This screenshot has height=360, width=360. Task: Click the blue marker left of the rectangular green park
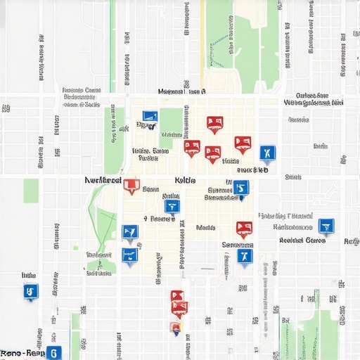(150, 117)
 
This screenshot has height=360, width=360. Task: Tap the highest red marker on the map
(214, 124)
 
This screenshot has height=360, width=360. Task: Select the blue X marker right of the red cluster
(267, 153)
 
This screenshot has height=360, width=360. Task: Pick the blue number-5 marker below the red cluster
(241, 188)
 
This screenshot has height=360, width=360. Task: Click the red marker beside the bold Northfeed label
(131, 186)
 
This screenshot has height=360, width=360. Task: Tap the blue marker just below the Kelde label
(172, 207)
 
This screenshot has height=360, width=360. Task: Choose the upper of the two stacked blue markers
(130, 232)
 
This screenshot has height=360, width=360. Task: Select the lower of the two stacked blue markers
(129, 255)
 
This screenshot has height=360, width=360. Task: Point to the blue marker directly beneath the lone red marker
(244, 257)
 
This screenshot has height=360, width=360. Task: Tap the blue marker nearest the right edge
(326, 226)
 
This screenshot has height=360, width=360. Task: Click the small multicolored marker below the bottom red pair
(176, 327)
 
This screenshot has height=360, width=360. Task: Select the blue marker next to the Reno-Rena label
(53, 352)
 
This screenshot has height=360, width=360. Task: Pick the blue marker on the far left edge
(30, 291)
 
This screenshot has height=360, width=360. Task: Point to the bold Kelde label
(185, 180)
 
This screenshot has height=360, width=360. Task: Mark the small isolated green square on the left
(31, 191)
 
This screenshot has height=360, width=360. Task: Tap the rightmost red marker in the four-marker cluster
(243, 144)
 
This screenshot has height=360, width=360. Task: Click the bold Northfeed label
(103, 180)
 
